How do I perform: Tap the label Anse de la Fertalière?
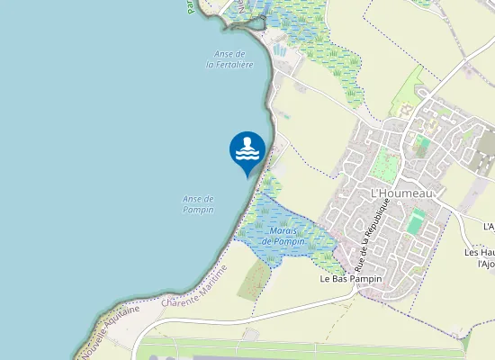tap(229, 59)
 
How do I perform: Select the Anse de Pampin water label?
tap(198, 204)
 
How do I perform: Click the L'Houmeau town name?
tap(402, 193)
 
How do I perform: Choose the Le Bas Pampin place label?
tap(351, 279)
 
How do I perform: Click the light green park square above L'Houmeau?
tap(385, 165)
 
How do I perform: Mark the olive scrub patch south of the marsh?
tap(255, 279)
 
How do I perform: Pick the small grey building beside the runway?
tap(251, 334)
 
